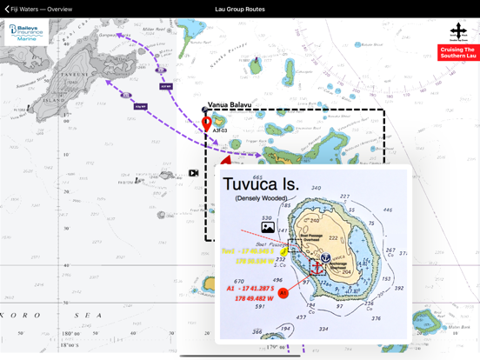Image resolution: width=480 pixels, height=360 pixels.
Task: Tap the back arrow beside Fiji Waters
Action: (7, 10)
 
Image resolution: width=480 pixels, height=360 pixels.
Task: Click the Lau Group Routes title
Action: (239, 10)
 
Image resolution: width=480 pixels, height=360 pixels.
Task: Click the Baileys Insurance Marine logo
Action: (26, 33)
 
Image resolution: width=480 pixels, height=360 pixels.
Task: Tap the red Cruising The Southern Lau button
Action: (458, 52)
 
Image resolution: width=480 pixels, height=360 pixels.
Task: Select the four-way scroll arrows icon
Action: (458, 31)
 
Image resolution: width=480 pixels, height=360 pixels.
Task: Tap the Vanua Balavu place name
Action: (229, 105)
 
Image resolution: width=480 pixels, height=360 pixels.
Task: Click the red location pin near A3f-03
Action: (207, 123)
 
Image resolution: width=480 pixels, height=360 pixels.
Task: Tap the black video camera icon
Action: (193, 173)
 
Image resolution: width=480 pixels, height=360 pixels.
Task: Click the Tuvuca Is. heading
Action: (261, 183)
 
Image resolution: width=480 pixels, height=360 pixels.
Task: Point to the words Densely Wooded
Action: (260, 199)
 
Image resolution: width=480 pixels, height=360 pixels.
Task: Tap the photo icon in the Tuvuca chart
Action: (268, 228)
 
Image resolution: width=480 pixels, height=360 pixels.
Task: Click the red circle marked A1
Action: (283, 294)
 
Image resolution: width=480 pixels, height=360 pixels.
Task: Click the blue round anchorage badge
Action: (325, 258)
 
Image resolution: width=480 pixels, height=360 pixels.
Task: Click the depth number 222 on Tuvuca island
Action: (333, 237)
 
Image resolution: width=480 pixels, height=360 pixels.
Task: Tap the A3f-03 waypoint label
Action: (220, 130)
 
